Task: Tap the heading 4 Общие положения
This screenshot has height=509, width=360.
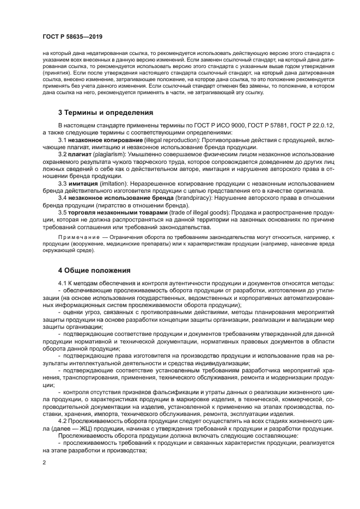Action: [94, 270]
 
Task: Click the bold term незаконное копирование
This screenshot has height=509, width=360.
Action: [100, 140]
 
